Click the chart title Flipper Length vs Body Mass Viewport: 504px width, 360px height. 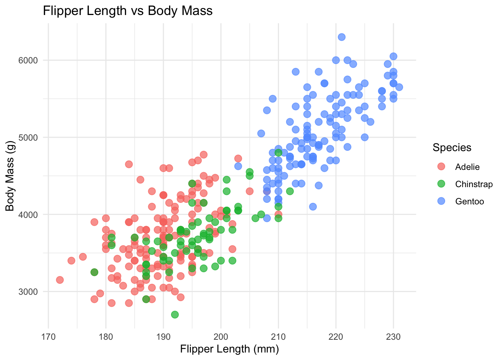point(127,11)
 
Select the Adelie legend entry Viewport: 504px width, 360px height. point(467,167)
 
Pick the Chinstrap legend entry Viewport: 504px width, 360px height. point(474,184)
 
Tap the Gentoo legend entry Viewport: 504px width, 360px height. point(469,201)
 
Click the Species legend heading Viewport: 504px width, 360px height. point(452,147)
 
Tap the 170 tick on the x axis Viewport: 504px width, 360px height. point(48,336)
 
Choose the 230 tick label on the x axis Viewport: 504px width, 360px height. point(393,336)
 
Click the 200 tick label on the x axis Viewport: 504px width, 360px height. point(220,336)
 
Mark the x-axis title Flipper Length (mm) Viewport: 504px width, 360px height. point(229,349)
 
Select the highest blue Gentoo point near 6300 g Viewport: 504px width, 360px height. point(342,37)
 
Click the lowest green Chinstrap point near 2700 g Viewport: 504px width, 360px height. point(175,314)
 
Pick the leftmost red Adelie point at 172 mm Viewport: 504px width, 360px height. point(60,280)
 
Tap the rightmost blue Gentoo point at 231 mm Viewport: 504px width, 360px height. point(399,87)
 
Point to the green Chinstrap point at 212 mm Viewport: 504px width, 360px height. point(290,191)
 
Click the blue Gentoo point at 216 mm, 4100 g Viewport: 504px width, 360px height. point(313,207)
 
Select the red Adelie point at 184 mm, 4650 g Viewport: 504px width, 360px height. point(129,164)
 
